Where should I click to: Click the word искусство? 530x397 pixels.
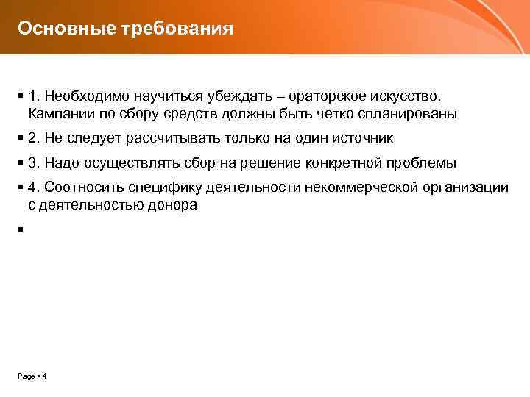coord(406,96)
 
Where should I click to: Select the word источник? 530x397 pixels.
coord(361,138)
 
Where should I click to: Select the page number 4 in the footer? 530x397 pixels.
coord(44,376)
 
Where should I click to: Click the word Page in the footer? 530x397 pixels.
coord(26,376)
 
